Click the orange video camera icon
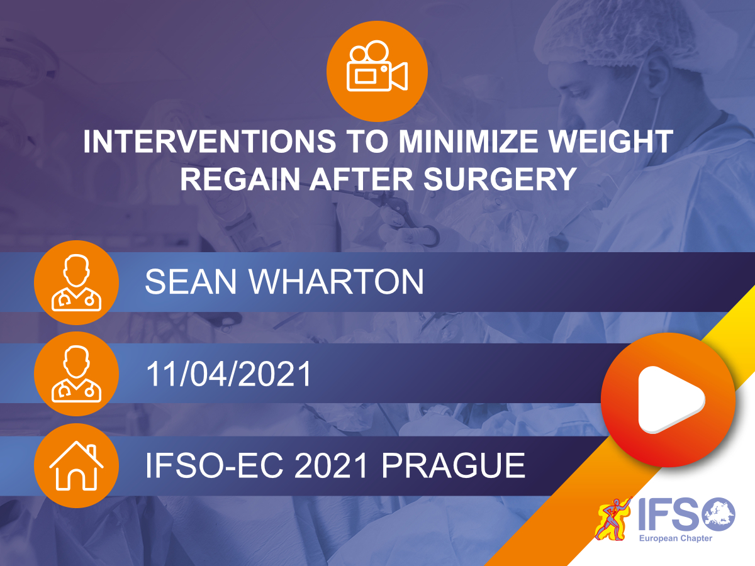pyautogui.click(x=377, y=71)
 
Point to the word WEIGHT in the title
pyautogui.click(x=610, y=141)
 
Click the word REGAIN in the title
pyautogui.click(x=240, y=179)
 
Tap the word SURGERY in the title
pyautogui.click(x=500, y=179)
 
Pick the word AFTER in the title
pyautogui.click(x=362, y=179)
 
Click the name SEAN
pyautogui.click(x=191, y=282)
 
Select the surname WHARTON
pyautogui.click(x=336, y=282)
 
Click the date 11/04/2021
pyautogui.click(x=229, y=374)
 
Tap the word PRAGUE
pyautogui.click(x=454, y=465)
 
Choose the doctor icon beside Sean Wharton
pyautogui.click(x=76, y=282)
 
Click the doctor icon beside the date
pyautogui.click(x=76, y=374)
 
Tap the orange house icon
pyautogui.click(x=76, y=465)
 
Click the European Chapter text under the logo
pyautogui.click(x=676, y=538)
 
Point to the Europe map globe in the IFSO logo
pyautogui.click(x=719, y=514)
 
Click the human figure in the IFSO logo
pyautogui.click(x=613, y=519)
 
